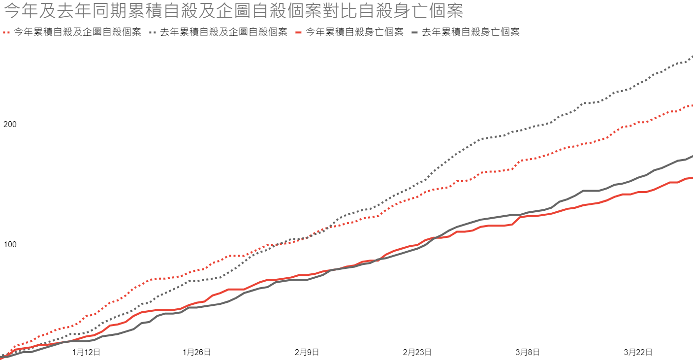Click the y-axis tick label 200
click(x=10, y=124)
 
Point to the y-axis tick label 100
click(x=10, y=245)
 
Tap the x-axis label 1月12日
click(x=87, y=352)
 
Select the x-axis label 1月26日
click(x=197, y=352)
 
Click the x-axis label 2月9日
click(x=307, y=352)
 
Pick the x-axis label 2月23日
click(x=417, y=352)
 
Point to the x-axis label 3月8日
click(x=528, y=352)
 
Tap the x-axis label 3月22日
click(x=638, y=352)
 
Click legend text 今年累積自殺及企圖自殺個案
click(x=78, y=32)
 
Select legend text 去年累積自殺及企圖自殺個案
click(x=224, y=32)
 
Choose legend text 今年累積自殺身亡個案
click(x=354, y=32)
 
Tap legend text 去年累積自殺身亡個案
click(x=471, y=32)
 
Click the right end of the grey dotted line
click(x=692, y=57)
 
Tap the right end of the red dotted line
click(x=692, y=105)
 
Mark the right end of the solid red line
click(x=692, y=178)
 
